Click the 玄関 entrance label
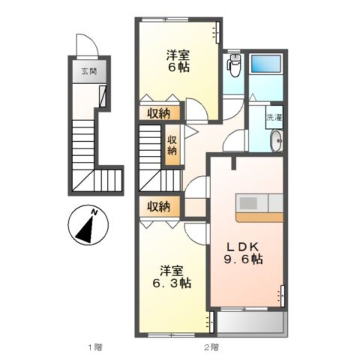coord(89,71)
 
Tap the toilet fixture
coord(234,66)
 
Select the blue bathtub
coord(266,63)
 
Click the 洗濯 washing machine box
coord(274,117)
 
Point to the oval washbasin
coord(277,141)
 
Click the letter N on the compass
coord(94,212)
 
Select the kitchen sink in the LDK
coord(248,203)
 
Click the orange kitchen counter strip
coord(260,217)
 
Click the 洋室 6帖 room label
coord(178,61)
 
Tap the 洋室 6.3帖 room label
coord(172,277)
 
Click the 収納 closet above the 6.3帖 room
coord(159,207)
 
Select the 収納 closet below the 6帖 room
coord(159,113)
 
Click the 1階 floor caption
coord(95,347)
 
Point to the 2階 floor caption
coord(211,347)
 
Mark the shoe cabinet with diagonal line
coord(103,96)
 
